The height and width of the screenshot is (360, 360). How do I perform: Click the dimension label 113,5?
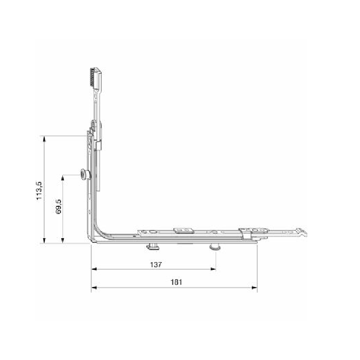pos(39,191)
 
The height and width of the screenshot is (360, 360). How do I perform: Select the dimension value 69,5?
pos(59,206)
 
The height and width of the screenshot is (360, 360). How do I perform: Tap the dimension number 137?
pos(156,264)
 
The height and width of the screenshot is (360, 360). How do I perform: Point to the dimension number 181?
pos(176,282)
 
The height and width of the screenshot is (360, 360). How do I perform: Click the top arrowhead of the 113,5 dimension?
pos(44,138)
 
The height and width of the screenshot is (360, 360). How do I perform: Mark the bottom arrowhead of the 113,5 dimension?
pos(44,240)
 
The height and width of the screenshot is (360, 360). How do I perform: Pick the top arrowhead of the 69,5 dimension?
pos(62,178)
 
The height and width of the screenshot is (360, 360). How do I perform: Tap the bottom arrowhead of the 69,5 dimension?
pos(62,240)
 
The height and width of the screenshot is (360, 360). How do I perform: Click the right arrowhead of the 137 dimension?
pos(213,269)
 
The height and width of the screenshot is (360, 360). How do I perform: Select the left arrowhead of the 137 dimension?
pos(94,269)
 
